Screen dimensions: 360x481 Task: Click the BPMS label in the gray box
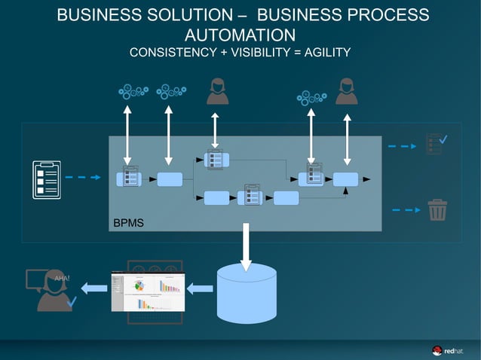tap(128, 224)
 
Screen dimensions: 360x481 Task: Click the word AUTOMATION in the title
tap(240, 35)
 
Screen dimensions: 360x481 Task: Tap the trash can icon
tap(437, 210)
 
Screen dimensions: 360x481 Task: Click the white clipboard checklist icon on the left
tap(47, 178)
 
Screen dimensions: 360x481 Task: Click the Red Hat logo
tap(448, 349)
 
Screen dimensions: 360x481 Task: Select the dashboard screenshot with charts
tap(148, 290)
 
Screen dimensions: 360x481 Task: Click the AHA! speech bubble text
tap(62, 278)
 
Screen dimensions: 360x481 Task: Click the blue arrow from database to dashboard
tap(199, 287)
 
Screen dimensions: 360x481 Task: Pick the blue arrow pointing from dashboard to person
tap(94, 287)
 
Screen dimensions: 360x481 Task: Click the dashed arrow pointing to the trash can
tap(407, 210)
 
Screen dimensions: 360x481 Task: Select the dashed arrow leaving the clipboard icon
tap(82, 178)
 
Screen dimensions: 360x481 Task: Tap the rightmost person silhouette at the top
tap(347, 92)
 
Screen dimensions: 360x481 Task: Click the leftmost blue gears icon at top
tap(134, 92)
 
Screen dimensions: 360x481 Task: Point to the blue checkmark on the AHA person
tap(72, 302)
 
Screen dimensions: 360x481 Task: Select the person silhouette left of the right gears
tap(218, 92)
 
